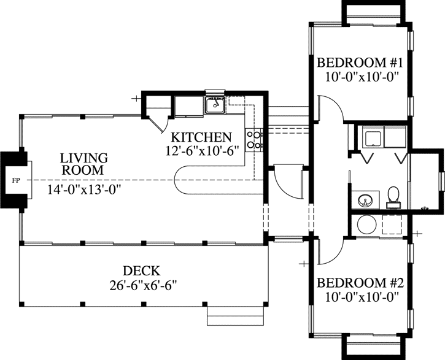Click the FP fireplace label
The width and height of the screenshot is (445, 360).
point(14,181)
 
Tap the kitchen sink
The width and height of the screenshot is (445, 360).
point(215,105)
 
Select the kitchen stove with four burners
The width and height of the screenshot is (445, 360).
point(253,139)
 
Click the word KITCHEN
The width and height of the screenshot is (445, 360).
point(201,137)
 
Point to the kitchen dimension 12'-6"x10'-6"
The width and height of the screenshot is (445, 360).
point(201,151)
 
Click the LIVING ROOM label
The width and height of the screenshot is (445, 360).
point(84,164)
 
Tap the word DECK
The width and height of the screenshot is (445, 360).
point(142,270)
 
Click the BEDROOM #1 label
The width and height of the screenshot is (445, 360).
point(359,63)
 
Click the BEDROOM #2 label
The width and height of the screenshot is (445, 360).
point(359,283)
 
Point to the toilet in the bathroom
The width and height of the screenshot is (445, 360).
point(393,197)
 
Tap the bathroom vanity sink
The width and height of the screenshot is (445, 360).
point(366,201)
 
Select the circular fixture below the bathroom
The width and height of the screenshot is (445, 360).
point(366,224)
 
